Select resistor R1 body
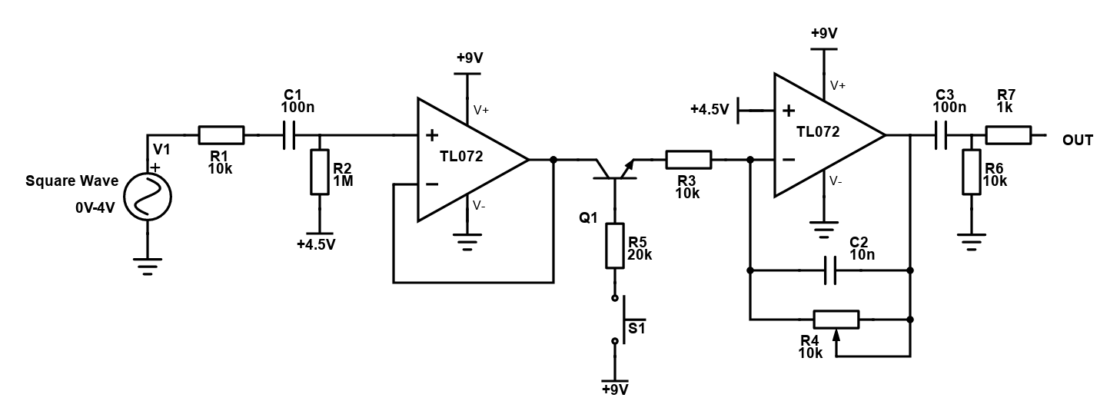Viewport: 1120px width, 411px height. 221,135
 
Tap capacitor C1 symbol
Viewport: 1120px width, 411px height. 289,136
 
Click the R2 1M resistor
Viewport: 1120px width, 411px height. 319,172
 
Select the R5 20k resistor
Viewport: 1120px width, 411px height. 614,246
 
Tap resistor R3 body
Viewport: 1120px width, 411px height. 688,160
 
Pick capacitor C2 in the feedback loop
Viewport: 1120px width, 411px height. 829,270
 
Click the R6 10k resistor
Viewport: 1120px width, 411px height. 972,173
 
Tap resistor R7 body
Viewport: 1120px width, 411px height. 1008,136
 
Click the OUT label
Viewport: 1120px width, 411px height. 1077,140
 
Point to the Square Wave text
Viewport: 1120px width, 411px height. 72,181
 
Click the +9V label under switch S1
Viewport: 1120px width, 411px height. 615,389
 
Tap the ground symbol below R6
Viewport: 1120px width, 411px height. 972,244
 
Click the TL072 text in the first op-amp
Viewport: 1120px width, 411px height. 462,157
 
